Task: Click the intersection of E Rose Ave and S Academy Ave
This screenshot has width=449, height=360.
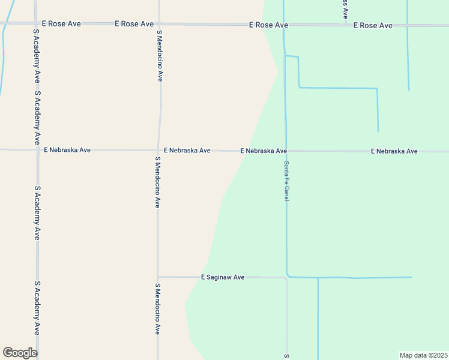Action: tap(35, 23)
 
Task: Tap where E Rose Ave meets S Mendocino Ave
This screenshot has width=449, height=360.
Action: tap(159, 24)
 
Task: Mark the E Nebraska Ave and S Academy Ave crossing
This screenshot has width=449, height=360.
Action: tap(37, 149)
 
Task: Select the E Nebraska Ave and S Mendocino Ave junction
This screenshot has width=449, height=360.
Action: tap(158, 150)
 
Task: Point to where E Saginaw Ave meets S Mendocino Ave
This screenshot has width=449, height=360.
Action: tap(158, 277)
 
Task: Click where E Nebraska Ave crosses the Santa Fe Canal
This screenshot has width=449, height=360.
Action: tap(285, 151)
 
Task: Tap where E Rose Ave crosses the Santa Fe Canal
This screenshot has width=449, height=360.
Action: tap(283, 25)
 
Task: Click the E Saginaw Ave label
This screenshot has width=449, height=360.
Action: tap(223, 277)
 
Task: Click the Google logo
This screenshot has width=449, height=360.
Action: tap(20, 353)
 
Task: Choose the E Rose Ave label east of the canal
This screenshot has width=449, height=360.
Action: tap(373, 26)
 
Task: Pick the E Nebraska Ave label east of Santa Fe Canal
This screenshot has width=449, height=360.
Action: tap(394, 151)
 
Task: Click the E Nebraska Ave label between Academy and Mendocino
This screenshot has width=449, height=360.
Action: tap(67, 149)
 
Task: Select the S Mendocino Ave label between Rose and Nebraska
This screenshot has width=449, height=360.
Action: tap(160, 57)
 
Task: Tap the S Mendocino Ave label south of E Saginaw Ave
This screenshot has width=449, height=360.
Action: tap(158, 308)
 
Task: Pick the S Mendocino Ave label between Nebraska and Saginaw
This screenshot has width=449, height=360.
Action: tap(157, 182)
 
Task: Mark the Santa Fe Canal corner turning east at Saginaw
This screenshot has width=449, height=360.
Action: tap(288, 275)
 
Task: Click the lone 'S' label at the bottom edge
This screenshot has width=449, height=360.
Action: tap(287, 356)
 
